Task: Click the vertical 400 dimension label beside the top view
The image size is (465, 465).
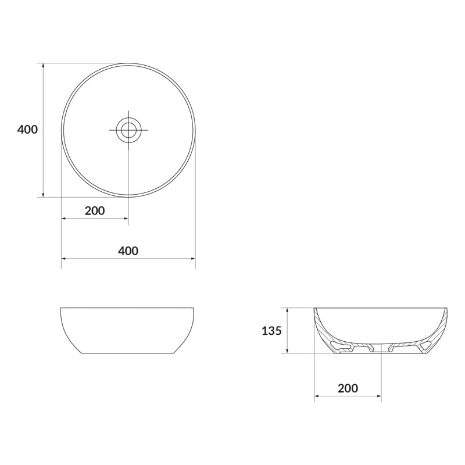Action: click(27, 130)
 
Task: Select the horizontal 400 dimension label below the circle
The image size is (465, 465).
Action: click(128, 251)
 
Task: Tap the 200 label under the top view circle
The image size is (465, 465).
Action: click(95, 211)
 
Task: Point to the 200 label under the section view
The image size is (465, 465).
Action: click(348, 388)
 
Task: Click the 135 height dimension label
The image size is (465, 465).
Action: click(271, 331)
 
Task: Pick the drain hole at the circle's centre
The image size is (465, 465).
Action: click(128, 130)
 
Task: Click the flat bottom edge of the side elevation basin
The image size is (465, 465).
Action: click(127, 353)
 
